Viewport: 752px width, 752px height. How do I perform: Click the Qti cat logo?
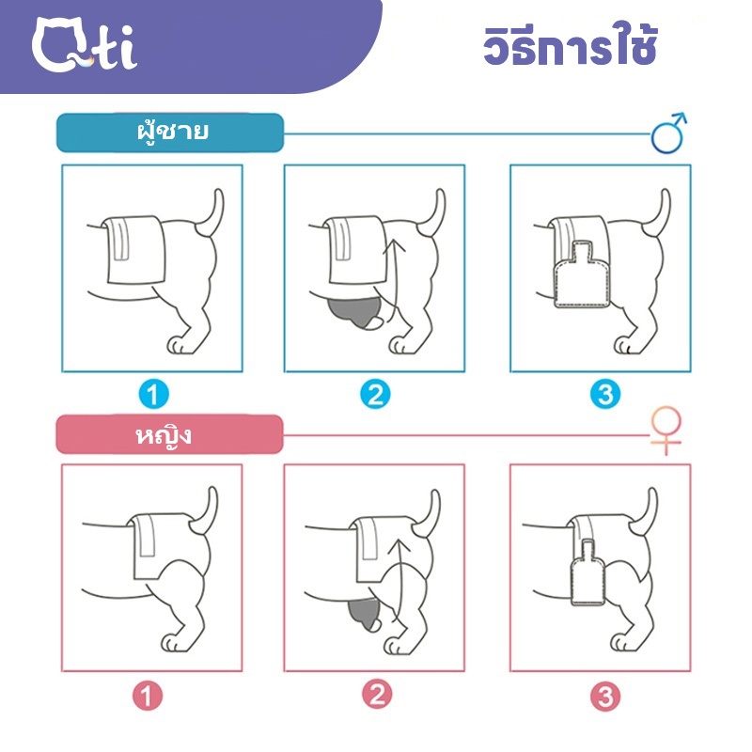[85, 44]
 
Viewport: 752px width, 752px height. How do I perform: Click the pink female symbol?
[666, 430]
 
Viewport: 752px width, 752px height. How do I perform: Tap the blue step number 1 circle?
[153, 394]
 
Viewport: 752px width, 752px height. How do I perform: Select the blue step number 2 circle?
[375, 394]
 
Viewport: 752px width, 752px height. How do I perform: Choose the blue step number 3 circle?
[605, 394]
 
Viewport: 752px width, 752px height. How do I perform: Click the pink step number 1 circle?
[148, 696]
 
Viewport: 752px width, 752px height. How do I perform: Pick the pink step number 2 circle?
[377, 695]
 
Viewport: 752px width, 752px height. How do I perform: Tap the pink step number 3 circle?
[605, 696]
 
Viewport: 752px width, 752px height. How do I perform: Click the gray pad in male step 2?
[354, 312]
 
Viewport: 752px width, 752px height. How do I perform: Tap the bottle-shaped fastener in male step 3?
[582, 275]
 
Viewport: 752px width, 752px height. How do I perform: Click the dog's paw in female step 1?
[173, 643]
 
